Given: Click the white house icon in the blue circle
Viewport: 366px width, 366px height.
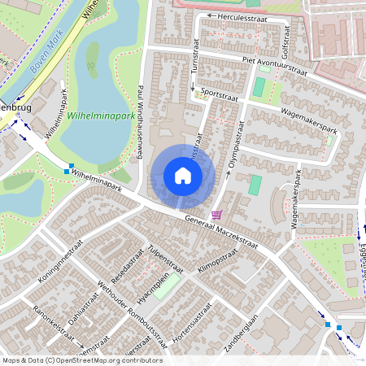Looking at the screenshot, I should [183, 176].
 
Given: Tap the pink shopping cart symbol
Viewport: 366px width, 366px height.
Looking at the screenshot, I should [216, 215].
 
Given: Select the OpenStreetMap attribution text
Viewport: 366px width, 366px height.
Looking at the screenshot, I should [81, 360].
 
